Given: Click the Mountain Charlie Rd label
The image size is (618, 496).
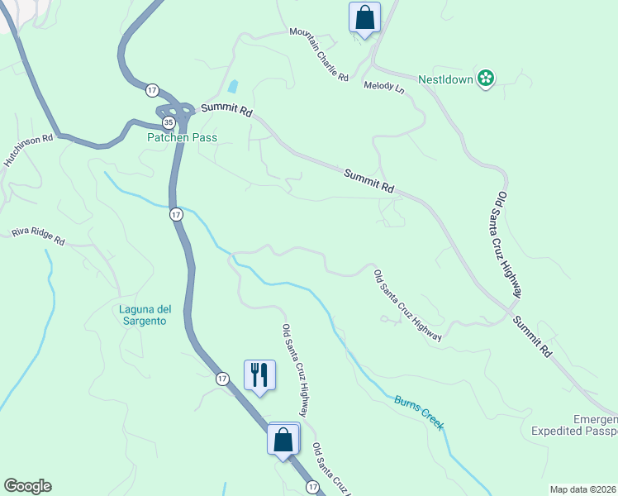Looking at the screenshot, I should (x=319, y=55).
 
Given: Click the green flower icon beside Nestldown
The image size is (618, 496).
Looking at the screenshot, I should (x=486, y=79).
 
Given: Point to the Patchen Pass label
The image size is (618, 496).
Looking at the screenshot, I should (x=182, y=137).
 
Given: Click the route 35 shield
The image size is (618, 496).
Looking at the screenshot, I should (x=169, y=122).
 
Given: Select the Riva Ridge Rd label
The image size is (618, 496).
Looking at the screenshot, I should (x=38, y=236).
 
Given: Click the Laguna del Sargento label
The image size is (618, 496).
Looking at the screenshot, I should (x=142, y=315).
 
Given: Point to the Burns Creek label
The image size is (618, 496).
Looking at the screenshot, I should (x=419, y=412).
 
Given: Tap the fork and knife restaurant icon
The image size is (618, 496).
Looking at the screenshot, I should (x=259, y=374).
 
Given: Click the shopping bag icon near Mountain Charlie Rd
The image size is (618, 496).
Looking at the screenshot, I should (x=364, y=17).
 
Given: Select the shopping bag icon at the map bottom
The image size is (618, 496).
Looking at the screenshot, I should (x=283, y=439).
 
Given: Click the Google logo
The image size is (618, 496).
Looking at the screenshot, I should (x=27, y=486).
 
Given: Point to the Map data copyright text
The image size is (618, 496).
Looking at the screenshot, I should (x=583, y=489).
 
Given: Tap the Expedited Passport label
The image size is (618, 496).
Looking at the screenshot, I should (x=574, y=431).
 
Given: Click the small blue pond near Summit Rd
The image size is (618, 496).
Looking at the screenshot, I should (x=233, y=86).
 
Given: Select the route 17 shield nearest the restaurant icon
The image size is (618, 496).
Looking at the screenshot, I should (x=222, y=379).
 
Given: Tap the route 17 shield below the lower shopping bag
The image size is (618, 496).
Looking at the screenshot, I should (x=312, y=488).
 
